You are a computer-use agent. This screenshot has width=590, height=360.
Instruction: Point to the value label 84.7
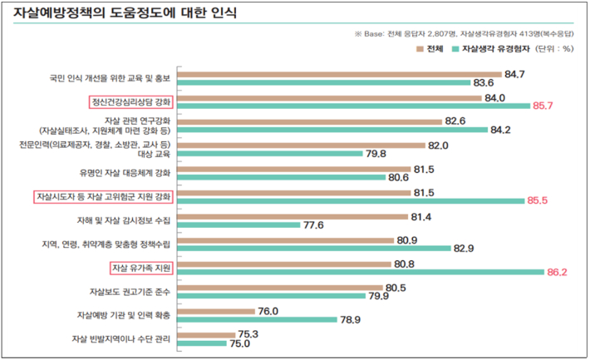[514, 74]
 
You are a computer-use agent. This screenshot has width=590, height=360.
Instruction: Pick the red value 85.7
[545, 106]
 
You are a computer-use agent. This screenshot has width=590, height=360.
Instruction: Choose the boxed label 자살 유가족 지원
[140, 268]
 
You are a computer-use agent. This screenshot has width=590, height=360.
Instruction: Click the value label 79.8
[376, 154]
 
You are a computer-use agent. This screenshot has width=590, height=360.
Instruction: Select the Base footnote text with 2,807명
[465, 34]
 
